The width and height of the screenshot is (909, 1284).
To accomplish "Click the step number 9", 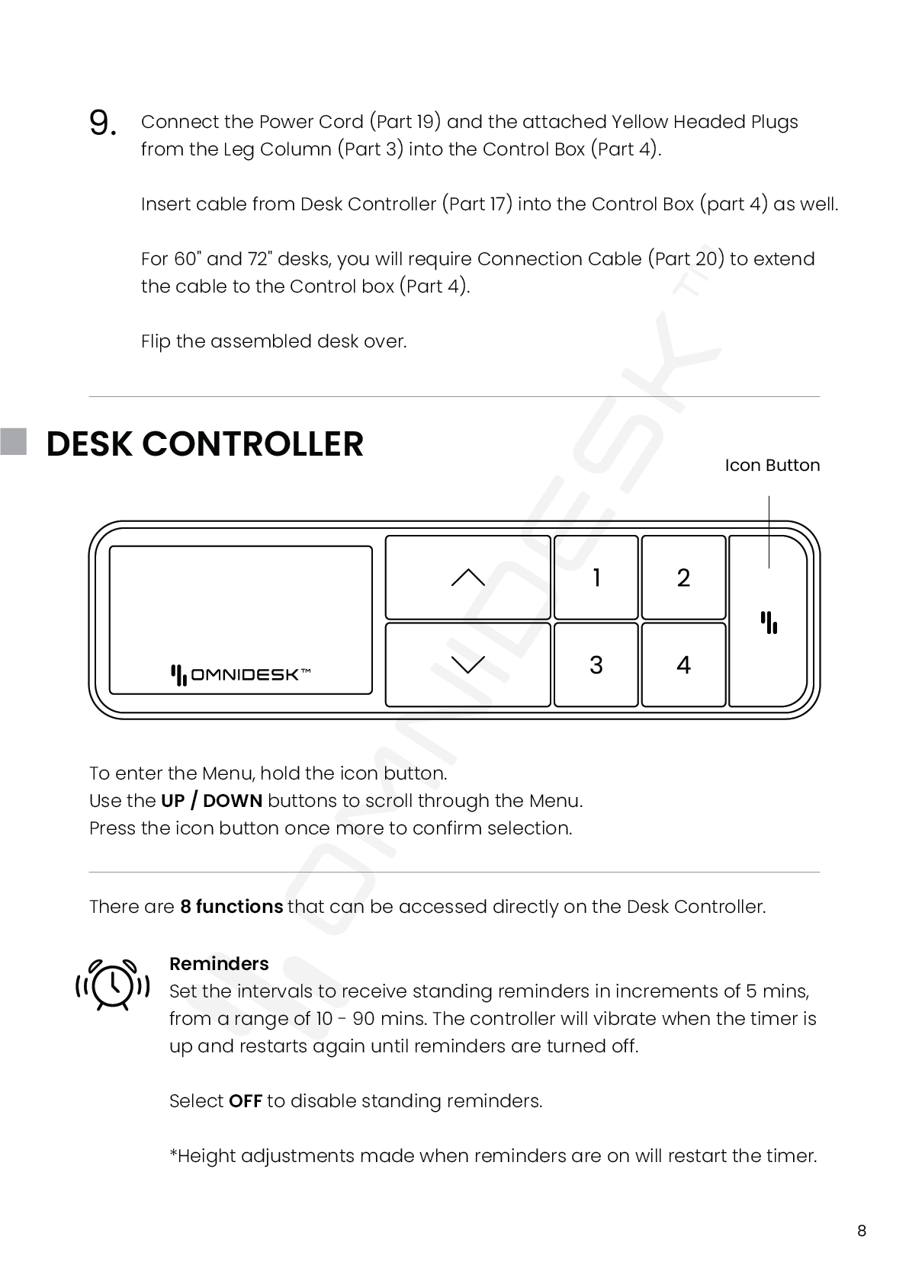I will (x=103, y=123).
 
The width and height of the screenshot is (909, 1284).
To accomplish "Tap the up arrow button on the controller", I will (x=467, y=578).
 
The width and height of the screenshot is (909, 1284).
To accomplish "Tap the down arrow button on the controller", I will (x=467, y=664).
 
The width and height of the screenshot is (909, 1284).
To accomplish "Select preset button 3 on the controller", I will (x=596, y=664).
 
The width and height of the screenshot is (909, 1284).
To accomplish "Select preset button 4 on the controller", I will (x=683, y=664).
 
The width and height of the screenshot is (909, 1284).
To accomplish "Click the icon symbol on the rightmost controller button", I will (x=769, y=623).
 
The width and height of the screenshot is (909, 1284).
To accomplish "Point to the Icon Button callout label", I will (x=772, y=465).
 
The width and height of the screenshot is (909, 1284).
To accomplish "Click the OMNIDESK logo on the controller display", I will (x=240, y=674).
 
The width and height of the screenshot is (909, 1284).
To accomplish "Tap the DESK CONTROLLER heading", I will (x=204, y=443).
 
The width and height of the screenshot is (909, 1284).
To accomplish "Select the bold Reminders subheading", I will (x=219, y=963).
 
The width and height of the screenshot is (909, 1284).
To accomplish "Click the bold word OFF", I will (x=246, y=1101).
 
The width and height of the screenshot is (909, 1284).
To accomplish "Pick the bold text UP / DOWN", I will (x=212, y=801).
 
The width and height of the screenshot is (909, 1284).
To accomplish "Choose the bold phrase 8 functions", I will (x=231, y=907).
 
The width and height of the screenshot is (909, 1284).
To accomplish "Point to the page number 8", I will (x=862, y=1231).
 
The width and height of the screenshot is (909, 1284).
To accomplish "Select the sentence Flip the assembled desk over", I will (x=274, y=341).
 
